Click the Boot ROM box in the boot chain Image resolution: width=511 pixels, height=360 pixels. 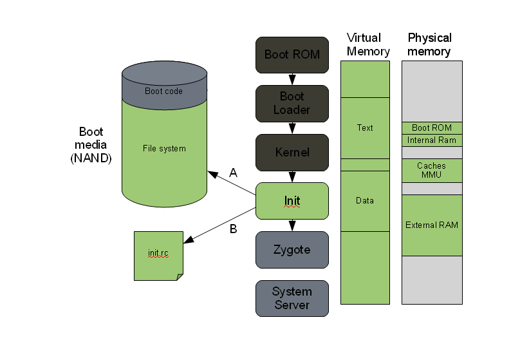point(292,54)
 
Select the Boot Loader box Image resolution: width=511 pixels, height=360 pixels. point(292,103)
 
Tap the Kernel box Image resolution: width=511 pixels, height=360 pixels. point(292,153)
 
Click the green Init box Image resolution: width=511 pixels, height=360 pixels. point(292,201)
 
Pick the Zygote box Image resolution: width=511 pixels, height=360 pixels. point(292,249)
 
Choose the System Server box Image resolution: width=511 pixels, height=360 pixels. point(292,298)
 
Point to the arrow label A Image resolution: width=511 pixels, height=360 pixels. point(234,173)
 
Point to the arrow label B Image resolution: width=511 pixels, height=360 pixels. point(234,228)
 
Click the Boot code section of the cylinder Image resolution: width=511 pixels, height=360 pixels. point(163,91)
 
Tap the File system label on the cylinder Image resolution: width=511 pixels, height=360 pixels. point(164,149)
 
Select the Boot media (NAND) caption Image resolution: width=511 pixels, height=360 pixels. point(91,145)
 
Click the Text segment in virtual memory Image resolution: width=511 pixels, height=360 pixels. point(365,128)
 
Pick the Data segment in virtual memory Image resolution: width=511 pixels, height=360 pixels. point(365,200)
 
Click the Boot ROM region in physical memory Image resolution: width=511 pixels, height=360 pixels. point(432,128)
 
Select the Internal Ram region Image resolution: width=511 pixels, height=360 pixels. point(432,140)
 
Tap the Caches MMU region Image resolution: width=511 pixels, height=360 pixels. point(432,171)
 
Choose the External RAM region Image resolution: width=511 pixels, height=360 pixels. point(432,225)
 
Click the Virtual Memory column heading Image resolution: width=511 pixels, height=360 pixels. point(364,44)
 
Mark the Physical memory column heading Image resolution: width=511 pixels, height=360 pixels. point(430,44)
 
